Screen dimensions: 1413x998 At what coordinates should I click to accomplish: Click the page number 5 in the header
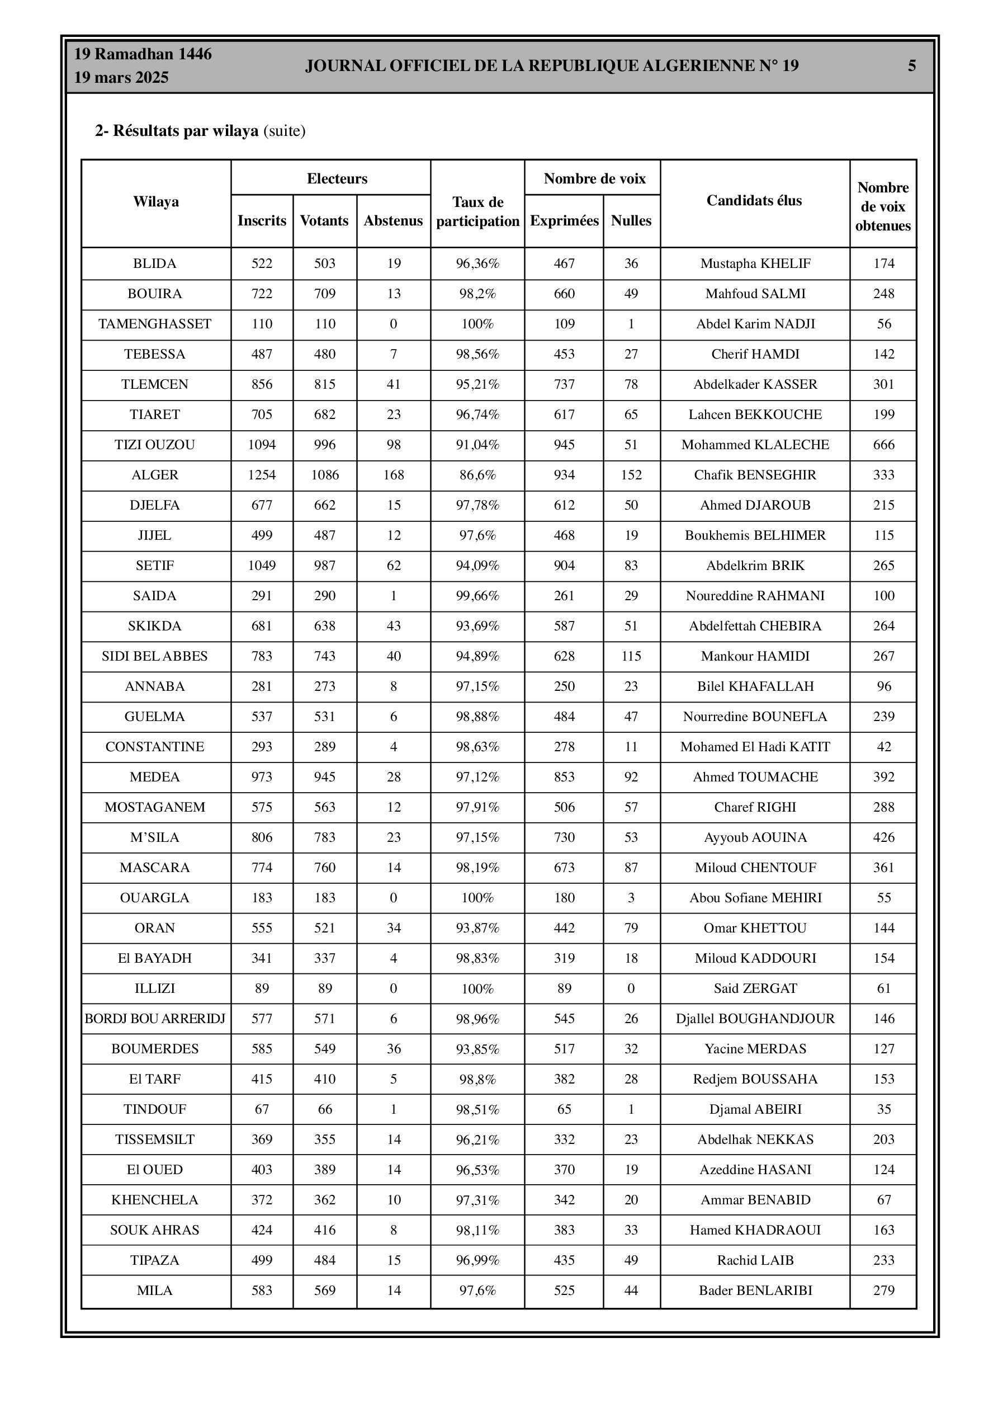[911, 66]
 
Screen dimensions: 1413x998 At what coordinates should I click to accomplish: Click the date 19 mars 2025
[121, 78]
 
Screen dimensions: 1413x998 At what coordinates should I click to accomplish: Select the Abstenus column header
[393, 221]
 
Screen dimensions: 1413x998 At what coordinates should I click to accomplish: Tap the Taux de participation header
[477, 211]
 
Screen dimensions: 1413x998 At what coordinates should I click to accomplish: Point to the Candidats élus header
[754, 201]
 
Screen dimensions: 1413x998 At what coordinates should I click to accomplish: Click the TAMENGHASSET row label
[155, 324]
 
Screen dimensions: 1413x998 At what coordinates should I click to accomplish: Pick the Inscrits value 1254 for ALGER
[262, 475]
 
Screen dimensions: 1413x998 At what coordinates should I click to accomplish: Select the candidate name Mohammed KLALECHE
[755, 445]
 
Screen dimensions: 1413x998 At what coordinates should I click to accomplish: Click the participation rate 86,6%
[477, 475]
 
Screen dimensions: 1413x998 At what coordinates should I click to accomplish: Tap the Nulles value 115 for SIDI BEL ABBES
[631, 656]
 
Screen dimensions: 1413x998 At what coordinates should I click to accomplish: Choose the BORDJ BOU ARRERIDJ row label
[155, 1019]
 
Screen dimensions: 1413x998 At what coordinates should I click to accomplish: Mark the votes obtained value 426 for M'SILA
[883, 837]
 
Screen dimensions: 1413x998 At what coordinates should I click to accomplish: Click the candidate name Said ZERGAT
[755, 988]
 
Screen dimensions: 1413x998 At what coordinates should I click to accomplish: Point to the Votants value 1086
[325, 475]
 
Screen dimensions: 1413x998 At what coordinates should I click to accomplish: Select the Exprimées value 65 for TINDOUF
[564, 1109]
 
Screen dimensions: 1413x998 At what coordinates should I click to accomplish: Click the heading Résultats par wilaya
[185, 131]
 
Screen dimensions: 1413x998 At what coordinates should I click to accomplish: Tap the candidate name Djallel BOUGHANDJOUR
[755, 1019]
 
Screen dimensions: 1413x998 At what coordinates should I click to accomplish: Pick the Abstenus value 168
[394, 475]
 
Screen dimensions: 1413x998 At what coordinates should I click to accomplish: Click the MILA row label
[155, 1290]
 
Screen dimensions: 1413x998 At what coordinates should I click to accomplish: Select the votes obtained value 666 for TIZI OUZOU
[883, 445]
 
